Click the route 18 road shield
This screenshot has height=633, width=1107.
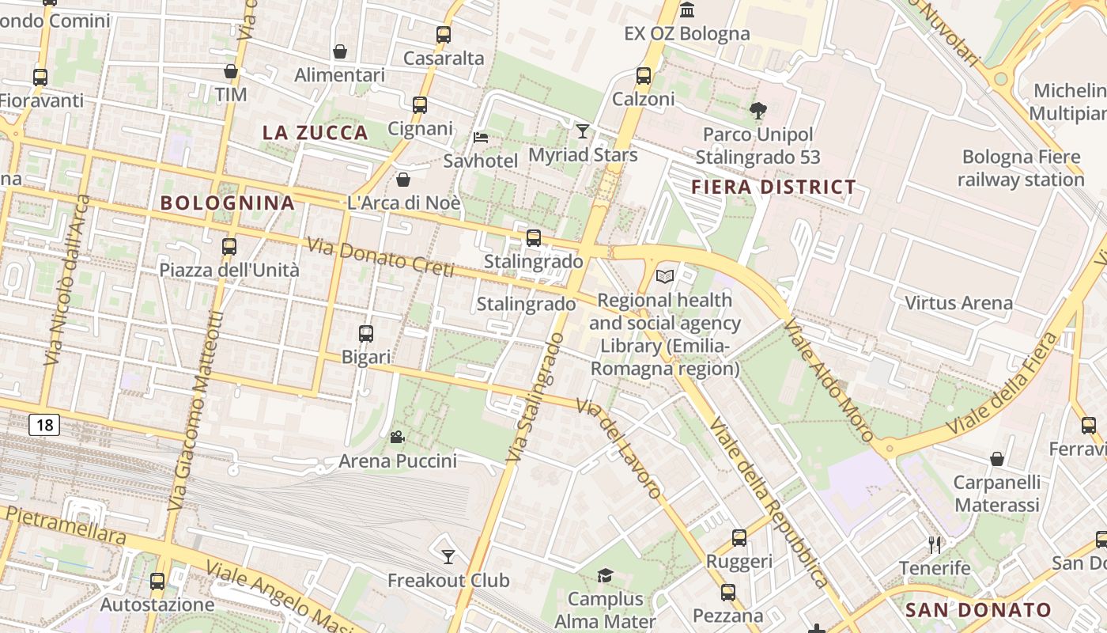coord(44,425)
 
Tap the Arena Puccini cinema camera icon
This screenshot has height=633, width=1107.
coord(397,437)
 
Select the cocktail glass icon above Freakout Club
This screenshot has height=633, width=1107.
coord(448,556)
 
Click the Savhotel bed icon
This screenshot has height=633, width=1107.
coord(480,137)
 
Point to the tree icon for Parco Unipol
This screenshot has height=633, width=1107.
coord(758,111)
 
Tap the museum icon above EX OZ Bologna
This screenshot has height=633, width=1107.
coord(687,10)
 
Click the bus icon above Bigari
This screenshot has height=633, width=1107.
coord(365,333)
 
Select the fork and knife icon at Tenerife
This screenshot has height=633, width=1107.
coord(935,544)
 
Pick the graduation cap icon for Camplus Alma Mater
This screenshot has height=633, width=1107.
coord(605,575)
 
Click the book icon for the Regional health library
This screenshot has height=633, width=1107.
coord(665,276)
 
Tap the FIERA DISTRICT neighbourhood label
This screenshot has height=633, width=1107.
coord(773,188)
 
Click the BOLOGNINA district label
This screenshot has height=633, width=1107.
coord(228,203)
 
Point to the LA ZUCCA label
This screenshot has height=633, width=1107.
coord(315,133)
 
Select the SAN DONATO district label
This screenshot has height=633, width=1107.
coord(977,610)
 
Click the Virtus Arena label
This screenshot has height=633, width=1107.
coord(958,303)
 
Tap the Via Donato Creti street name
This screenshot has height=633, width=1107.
coord(380,258)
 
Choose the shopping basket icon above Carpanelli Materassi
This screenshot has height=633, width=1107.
coord(997,459)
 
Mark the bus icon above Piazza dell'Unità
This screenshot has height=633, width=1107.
coord(229,246)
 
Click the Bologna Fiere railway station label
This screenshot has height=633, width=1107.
coord(1021,169)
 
